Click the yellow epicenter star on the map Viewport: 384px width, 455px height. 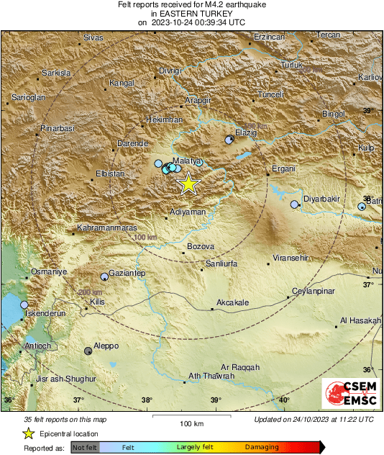(188, 184)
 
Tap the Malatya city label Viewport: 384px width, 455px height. (186, 161)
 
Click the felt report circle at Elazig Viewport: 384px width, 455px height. (229, 140)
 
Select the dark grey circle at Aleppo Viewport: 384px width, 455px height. (88, 351)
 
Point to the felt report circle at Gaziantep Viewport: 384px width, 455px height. (104, 276)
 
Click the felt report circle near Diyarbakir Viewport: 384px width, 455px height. (294, 204)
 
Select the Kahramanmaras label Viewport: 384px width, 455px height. (106, 228)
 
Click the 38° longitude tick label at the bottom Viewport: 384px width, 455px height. (147, 400)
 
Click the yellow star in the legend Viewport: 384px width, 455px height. (29, 433)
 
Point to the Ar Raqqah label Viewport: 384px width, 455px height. (240, 367)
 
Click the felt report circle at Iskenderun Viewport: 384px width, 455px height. (24, 305)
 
